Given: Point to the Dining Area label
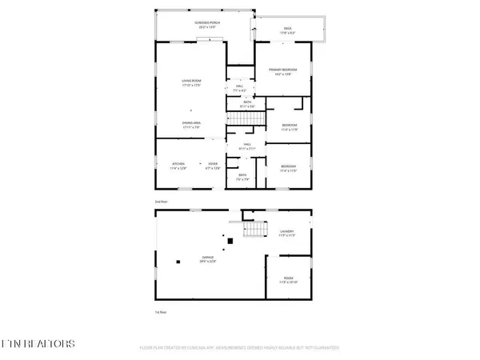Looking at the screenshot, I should tap(190, 124).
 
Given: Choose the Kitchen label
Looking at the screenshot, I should tap(177, 166).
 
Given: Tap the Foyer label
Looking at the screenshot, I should tap(212, 166).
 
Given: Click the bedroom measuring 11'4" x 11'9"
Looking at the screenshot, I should tap(289, 126).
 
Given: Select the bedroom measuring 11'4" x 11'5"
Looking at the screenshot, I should tap(289, 169).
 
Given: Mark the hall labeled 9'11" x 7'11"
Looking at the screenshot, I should tap(248, 146).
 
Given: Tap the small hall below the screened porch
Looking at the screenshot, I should tap(240, 87).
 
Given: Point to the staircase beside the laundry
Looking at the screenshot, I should tap(254, 230).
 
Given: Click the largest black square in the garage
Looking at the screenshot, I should tap(230, 240).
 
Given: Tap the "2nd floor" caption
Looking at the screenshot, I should tap(160, 202).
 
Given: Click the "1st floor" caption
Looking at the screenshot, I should tap(160, 311).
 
